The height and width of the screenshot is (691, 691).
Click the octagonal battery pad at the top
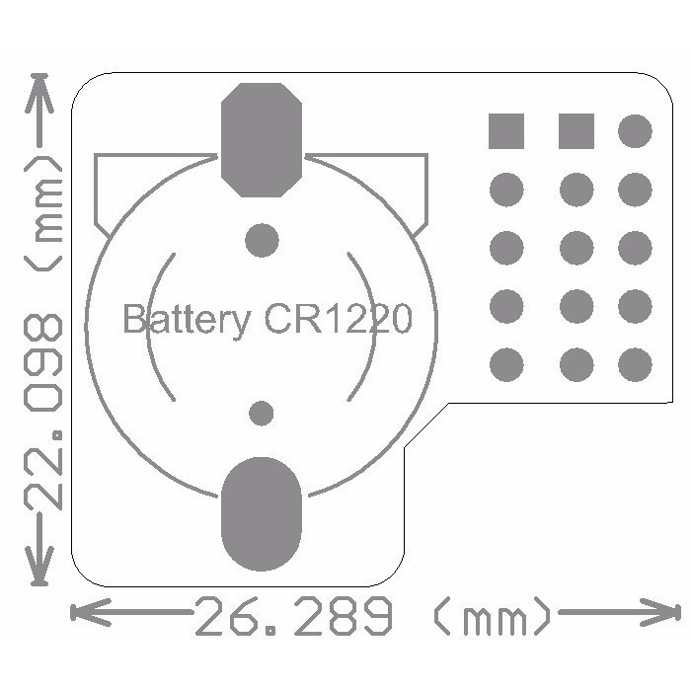pyautogui.click(x=261, y=139)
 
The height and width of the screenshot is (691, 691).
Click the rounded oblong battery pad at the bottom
pyautogui.click(x=261, y=514)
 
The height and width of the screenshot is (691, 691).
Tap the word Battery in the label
pyautogui.click(x=186, y=319)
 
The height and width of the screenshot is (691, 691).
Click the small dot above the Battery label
pyautogui.click(x=261, y=239)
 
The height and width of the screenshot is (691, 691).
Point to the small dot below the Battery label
pyautogui.click(x=261, y=413)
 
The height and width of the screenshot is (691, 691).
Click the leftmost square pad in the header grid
pyautogui.click(x=506, y=130)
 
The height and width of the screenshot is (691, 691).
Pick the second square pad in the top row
pyautogui.click(x=576, y=130)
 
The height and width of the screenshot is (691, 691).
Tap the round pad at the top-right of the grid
pyautogui.click(x=635, y=130)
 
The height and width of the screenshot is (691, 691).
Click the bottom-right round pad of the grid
pyautogui.click(x=635, y=365)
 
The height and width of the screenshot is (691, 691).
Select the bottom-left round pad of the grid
pyautogui.click(x=506, y=365)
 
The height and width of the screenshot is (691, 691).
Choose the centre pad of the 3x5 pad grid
pyautogui.click(x=576, y=247)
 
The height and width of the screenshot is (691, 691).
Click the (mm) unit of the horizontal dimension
pyautogui.click(x=492, y=619)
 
